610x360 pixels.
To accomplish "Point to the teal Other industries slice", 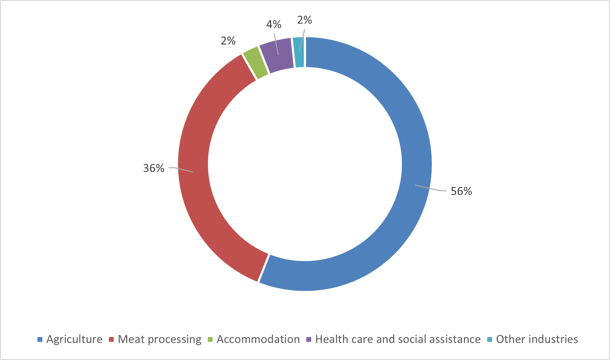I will tap(299, 52).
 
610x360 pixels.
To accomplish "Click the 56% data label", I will tap(461, 191).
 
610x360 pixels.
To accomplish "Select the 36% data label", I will tap(154, 168).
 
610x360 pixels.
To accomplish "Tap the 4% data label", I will tap(274, 25).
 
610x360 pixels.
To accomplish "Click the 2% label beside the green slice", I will tap(228, 41).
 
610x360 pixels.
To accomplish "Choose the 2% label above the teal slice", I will tap(305, 20).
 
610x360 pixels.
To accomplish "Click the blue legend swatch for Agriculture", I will tap(40, 339).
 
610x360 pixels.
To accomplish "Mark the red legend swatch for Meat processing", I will tap(111, 339).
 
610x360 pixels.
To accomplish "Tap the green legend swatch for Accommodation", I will tap(210, 339).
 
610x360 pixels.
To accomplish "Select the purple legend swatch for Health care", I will tap(309, 339).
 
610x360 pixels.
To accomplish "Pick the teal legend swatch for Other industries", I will tap(490, 339).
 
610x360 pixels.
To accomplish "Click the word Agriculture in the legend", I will tap(74, 339).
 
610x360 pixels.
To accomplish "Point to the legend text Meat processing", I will tap(159, 339).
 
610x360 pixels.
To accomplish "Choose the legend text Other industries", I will tap(537, 339).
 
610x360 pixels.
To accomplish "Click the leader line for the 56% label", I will tap(429, 188).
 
